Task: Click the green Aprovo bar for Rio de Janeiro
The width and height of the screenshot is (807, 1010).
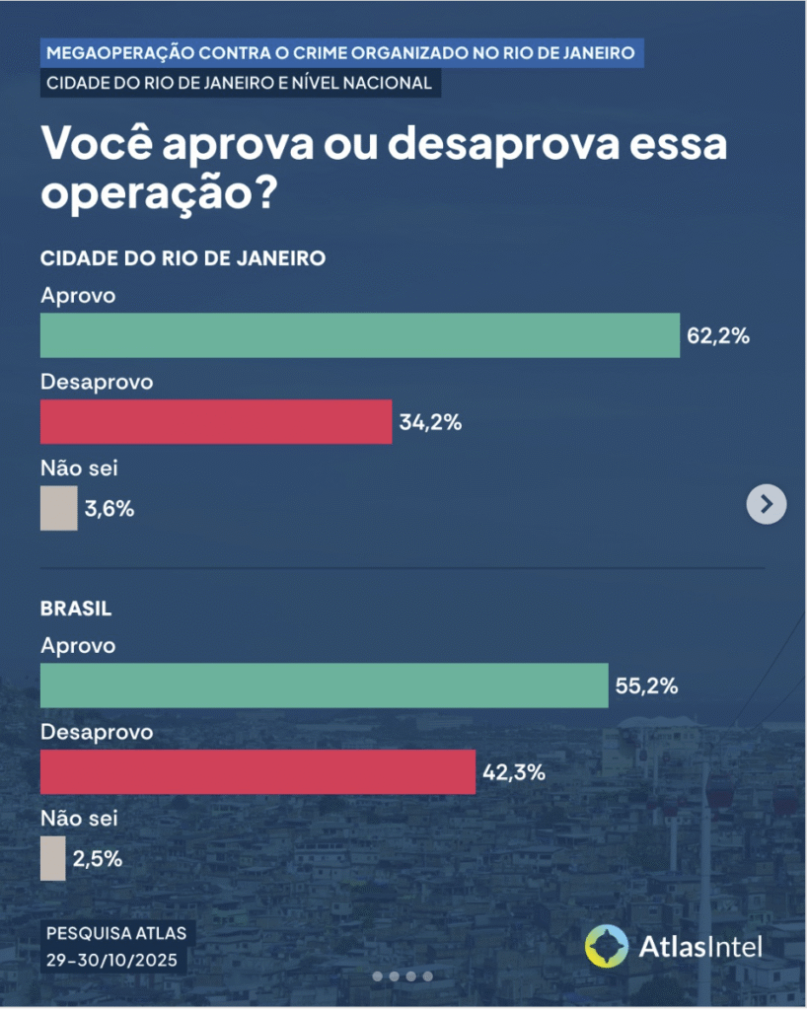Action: (x=360, y=335)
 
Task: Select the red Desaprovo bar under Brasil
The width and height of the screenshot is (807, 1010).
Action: (x=257, y=771)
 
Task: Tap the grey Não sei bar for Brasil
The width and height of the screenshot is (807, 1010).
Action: (x=52, y=858)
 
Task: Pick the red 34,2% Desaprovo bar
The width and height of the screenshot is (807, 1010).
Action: (x=216, y=422)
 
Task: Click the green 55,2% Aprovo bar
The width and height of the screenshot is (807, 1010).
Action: (x=324, y=685)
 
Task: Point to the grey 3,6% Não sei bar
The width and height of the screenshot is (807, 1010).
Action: (x=58, y=509)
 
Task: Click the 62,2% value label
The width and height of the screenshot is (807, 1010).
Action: (x=718, y=336)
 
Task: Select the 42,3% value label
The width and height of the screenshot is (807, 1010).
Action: (x=514, y=772)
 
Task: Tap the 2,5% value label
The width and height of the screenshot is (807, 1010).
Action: (x=97, y=858)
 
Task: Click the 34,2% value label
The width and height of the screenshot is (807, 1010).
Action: (x=431, y=423)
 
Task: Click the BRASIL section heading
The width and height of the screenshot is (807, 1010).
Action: (x=76, y=609)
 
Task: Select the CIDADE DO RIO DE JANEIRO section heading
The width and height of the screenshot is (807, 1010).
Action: (x=183, y=258)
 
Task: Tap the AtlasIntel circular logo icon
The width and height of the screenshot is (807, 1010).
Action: (x=606, y=947)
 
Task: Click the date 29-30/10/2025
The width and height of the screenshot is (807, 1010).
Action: (x=114, y=958)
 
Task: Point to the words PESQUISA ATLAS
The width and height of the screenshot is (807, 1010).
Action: (x=114, y=932)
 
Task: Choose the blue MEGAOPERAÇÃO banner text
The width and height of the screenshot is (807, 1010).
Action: (x=342, y=51)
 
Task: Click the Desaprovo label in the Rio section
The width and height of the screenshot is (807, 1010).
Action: (x=97, y=381)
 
